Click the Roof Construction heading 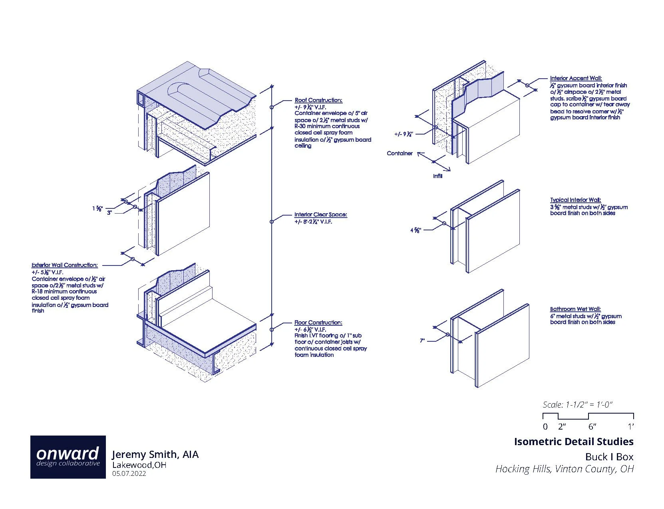click(x=318, y=100)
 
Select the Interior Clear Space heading click(x=320, y=215)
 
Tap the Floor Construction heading click(x=318, y=323)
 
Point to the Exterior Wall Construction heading click(x=64, y=265)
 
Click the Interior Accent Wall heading click(x=576, y=79)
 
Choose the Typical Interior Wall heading click(x=575, y=200)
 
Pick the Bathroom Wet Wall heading click(x=575, y=309)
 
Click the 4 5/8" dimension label click(x=415, y=230)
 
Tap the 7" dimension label click(x=422, y=341)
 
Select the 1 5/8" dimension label click(x=97, y=208)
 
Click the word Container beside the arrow click(x=400, y=153)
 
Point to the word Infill click(x=437, y=176)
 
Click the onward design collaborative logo click(x=68, y=457)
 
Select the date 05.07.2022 click(x=129, y=474)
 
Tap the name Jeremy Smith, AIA click(x=155, y=454)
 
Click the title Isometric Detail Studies click(x=573, y=442)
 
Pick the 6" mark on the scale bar click(x=592, y=427)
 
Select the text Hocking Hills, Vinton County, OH click(x=564, y=469)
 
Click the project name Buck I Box click(x=609, y=457)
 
